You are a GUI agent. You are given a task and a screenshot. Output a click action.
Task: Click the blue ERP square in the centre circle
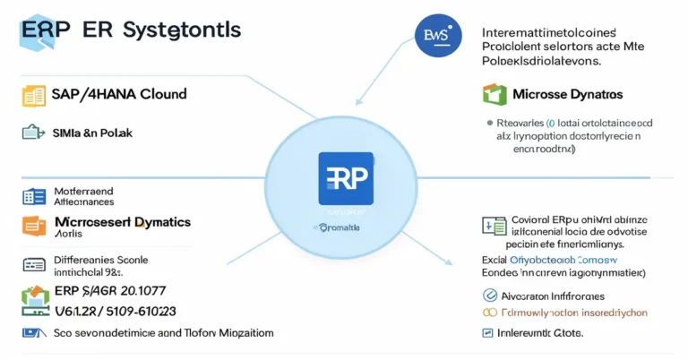[346, 178]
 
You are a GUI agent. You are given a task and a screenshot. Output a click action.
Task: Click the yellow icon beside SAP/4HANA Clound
[33, 95]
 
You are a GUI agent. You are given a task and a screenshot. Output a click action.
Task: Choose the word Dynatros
[598, 94]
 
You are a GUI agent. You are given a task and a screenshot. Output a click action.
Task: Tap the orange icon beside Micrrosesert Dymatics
[33, 224]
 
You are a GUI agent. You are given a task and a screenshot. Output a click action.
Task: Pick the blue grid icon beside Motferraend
[33, 196]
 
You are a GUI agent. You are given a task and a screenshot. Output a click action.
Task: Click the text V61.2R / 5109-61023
[116, 310]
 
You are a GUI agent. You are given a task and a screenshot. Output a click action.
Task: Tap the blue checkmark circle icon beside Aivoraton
[489, 295]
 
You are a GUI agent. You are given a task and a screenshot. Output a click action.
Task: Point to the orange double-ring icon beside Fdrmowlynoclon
[489, 313]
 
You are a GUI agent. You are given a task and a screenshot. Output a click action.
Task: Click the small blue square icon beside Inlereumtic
[488, 333]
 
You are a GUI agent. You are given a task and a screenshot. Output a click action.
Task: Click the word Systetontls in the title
[184, 29]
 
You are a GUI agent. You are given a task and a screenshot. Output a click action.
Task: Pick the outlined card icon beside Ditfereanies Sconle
[34, 264]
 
